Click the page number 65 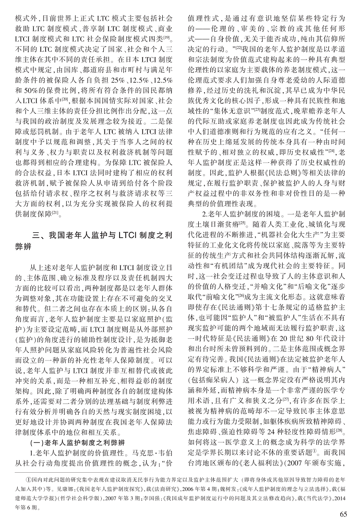(x=343, y=514)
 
